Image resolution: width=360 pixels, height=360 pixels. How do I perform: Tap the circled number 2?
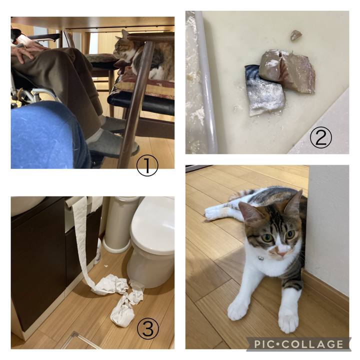click(x=320, y=137)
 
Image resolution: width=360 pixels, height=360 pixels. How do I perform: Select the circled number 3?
click(x=148, y=328)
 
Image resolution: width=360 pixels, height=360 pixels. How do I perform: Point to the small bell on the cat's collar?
click(x=260, y=258)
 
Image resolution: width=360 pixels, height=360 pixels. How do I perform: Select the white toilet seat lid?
click(x=152, y=224)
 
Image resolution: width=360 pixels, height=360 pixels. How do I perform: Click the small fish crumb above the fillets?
click(x=296, y=35)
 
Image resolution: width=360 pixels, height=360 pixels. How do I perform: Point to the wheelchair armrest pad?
click(x=43, y=37)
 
